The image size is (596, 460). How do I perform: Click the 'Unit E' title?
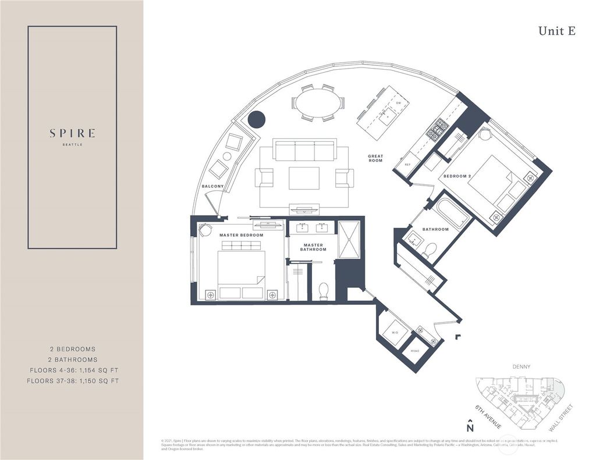coord(556,31)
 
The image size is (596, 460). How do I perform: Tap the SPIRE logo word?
coord(73,133)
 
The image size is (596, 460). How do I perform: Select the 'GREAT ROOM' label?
coord(375,158)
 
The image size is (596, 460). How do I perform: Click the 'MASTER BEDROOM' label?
coord(241,235)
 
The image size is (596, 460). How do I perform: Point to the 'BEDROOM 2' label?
coord(457,176)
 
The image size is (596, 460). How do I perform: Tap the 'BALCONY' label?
coord(212,186)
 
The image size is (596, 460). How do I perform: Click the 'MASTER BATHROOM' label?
coord(313,247)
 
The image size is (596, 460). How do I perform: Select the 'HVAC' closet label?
coord(415,351)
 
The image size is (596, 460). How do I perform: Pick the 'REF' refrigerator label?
coord(407,165)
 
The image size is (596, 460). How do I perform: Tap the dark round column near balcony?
coord(256,120)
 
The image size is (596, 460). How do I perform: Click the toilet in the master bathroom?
coord(324,291)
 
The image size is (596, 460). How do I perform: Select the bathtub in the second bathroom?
coord(452,214)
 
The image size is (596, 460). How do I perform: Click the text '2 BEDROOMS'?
coord(73,349)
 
